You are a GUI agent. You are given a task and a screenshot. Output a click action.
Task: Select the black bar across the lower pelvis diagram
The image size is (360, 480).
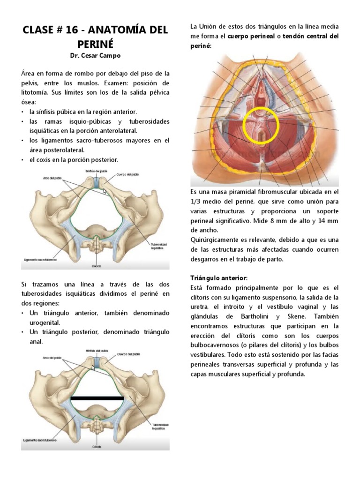[97, 398]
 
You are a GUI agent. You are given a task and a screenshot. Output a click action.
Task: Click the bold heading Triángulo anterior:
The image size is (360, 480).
[219, 278]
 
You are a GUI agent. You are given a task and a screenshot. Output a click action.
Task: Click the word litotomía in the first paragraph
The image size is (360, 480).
[38, 92]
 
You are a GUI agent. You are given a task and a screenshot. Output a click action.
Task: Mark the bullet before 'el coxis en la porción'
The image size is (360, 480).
[23, 159]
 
